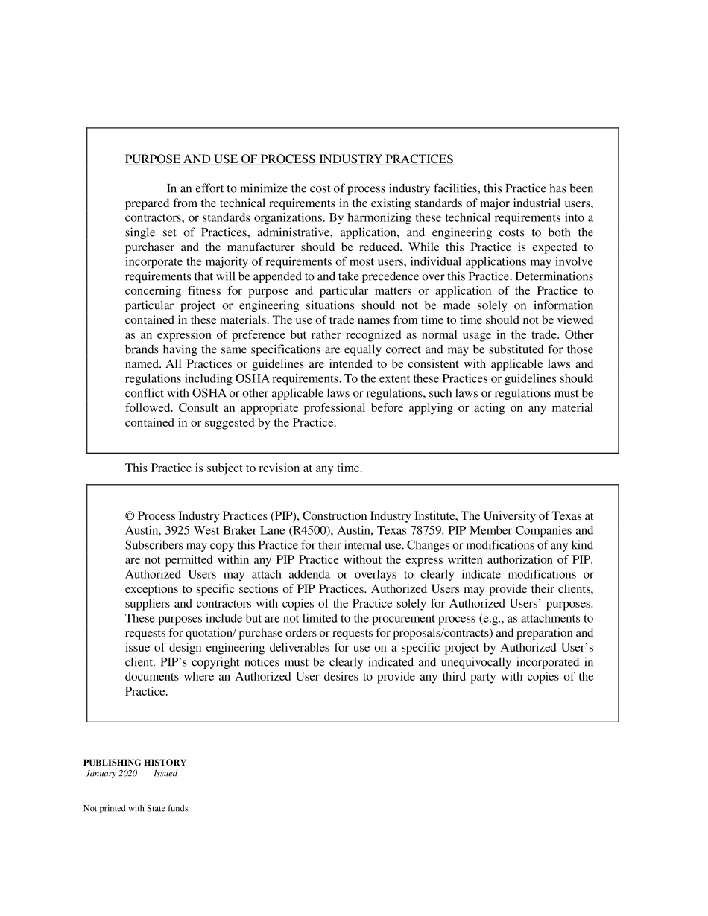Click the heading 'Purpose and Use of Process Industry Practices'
288,159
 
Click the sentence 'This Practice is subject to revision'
243,468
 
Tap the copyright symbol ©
130,516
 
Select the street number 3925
177,530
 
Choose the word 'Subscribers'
153,545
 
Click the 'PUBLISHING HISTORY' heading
134,762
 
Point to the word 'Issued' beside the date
165,774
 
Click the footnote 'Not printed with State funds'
136,808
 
